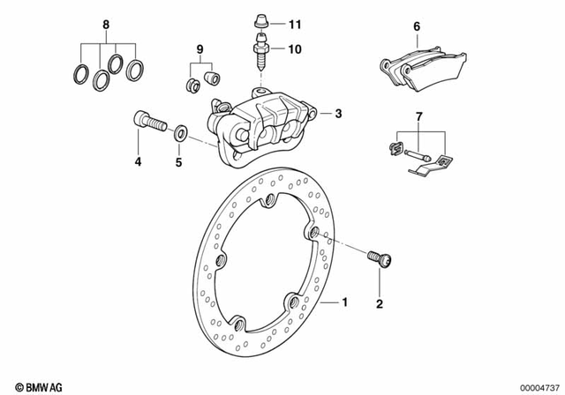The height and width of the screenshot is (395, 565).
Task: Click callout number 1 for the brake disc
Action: tap(345, 302)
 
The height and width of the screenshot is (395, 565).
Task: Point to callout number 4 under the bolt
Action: tap(138, 161)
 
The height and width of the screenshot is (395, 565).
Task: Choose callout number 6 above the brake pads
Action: tap(417, 27)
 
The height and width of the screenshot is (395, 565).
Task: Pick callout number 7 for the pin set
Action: tap(418, 116)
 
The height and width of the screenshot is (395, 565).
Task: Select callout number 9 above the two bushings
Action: tap(200, 47)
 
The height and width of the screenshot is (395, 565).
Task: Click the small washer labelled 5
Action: tap(179, 133)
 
